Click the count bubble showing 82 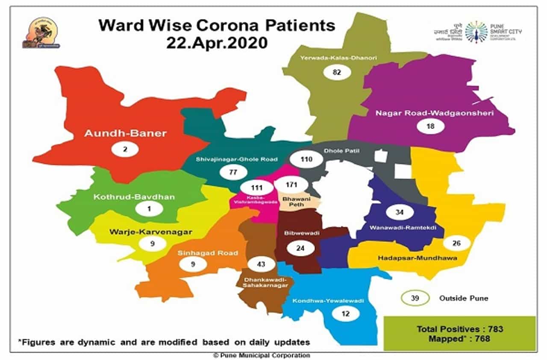[337, 72]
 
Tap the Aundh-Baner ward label [125, 133]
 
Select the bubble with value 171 [291, 185]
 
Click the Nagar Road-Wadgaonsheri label [435, 113]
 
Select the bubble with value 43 [261, 264]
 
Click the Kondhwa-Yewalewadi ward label [328, 301]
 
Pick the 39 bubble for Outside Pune [414, 298]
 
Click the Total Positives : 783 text [459, 329]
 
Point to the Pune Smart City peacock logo [476, 32]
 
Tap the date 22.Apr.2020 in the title [217, 43]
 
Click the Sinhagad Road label [208, 253]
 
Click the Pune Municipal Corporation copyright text [262, 355]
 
